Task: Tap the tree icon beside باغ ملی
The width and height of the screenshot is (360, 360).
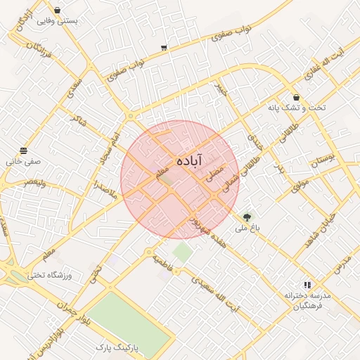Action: tap(247, 218)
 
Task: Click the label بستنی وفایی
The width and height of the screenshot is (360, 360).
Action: tap(58, 21)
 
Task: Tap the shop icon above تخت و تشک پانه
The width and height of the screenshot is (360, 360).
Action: tap(296, 97)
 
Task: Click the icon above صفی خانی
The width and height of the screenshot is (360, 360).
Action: tap(24, 150)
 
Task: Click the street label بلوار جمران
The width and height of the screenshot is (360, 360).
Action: tap(75, 310)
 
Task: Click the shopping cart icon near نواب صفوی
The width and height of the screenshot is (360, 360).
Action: tap(164, 48)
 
